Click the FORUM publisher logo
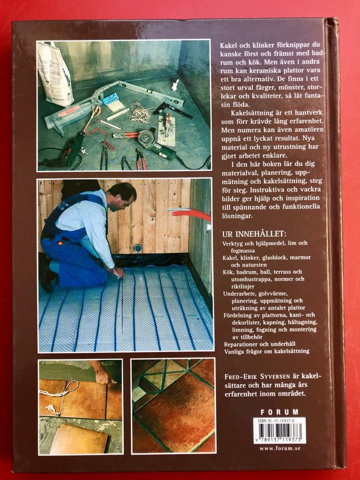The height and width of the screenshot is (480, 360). pyautogui.click(x=279, y=412)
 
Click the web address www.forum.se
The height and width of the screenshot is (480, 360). pyautogui.click(x=280, y=448)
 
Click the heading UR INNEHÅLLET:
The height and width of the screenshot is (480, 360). pyautogui.click(x=254, y=234)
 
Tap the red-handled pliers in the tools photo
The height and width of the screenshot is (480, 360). pyautogui.click(x=140, y=159)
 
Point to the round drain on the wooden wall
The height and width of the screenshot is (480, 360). pyautogui.click(x=138, y=247)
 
